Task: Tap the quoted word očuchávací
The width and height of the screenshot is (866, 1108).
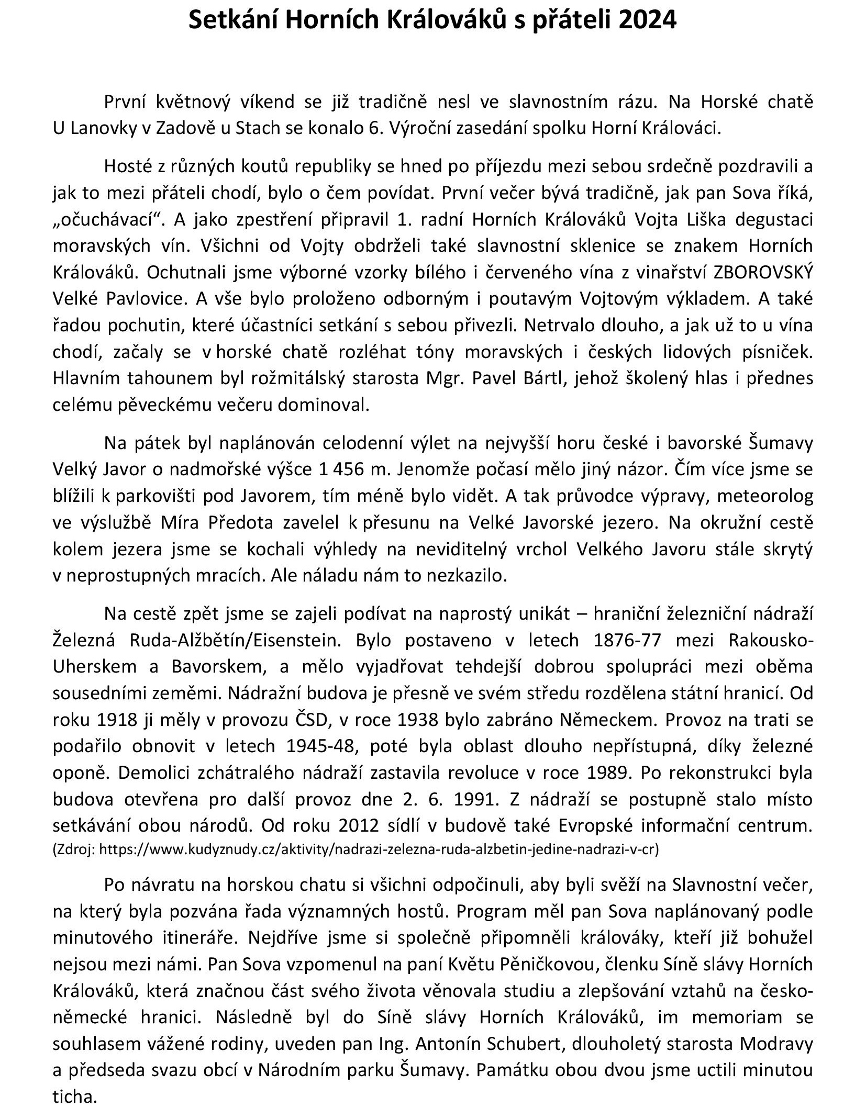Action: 107,220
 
